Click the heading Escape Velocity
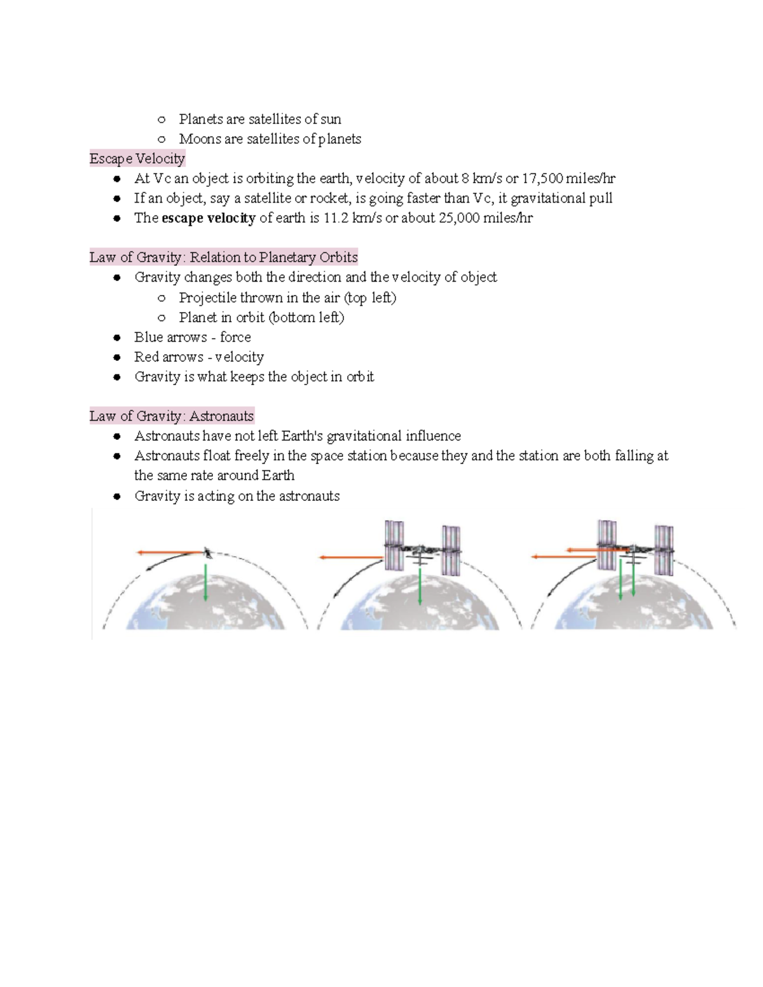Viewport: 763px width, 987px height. click(x=137, y=158)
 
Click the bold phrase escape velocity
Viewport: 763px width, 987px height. click(x=209, y=218)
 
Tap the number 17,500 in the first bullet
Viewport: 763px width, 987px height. click(x=542, y=179)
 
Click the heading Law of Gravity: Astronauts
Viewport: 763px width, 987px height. click(x=172, y=416)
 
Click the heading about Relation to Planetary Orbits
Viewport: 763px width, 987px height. click(x=223, y=257)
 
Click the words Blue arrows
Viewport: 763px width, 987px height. click(x=170, y=337)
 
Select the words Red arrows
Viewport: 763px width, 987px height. click(x=168, y=357)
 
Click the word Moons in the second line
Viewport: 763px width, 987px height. click(x=200, y=139)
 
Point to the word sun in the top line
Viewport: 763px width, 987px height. click(x=331, y=119)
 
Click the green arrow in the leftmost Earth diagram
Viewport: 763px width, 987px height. click(x=205, y=582)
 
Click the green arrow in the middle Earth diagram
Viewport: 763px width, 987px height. click(x=420, y=586)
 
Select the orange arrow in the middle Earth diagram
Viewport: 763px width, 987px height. click(x=352, y=557)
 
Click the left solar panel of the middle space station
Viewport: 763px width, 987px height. click(x=394, y=545)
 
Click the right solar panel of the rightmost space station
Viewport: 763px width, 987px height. click(x=664, y=550)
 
